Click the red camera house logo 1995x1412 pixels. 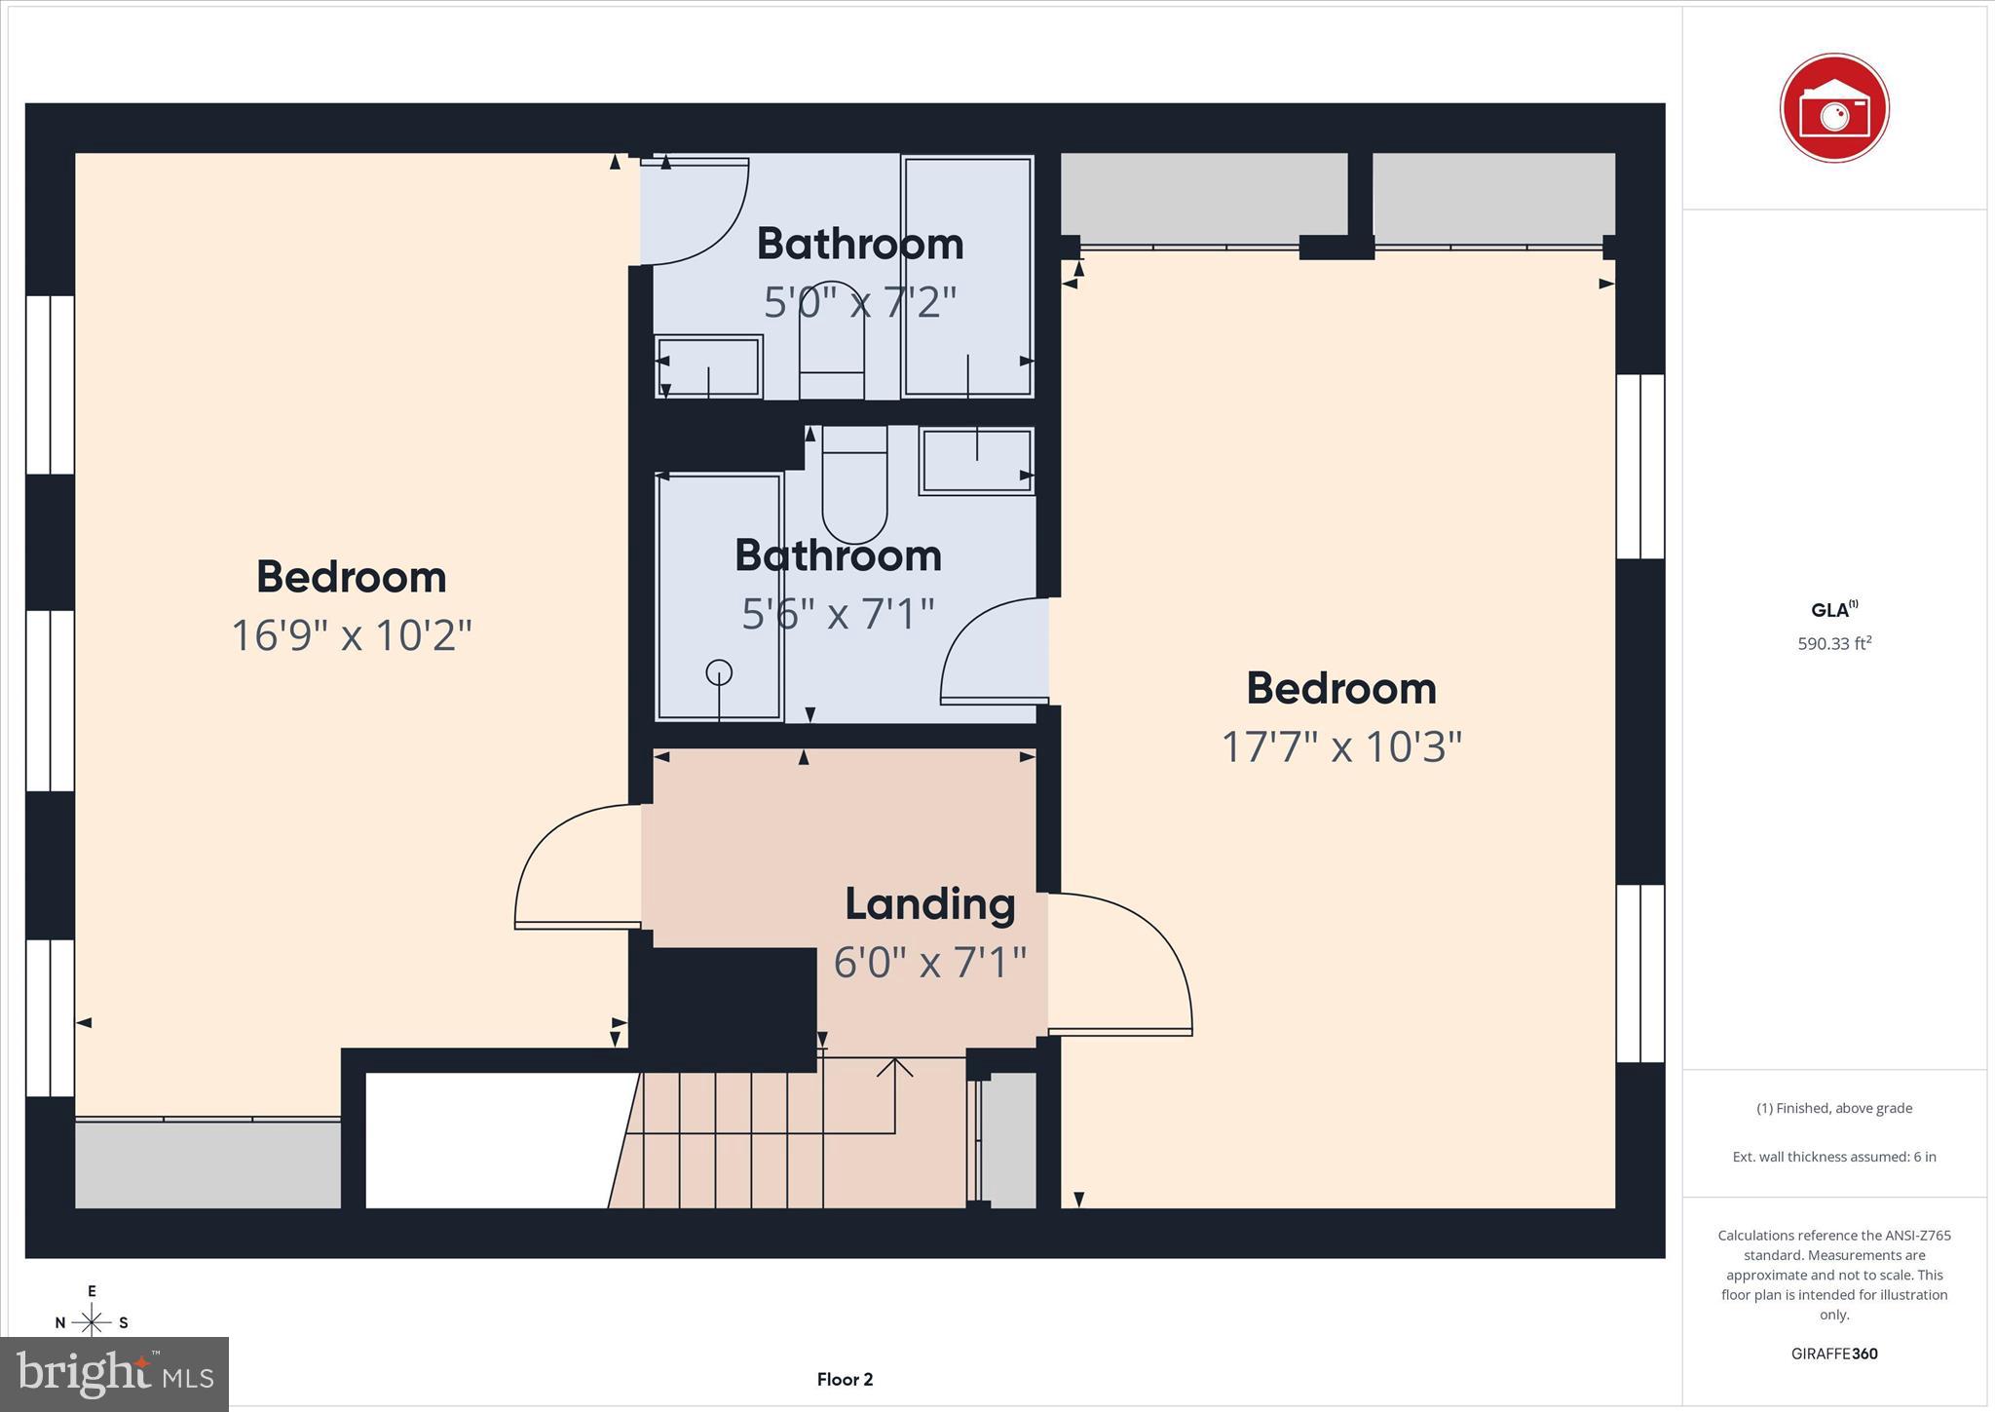coord(1834,108)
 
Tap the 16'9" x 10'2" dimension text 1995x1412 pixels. coord(352,635)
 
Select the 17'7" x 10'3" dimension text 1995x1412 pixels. coord(1341,747)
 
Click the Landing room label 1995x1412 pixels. coord(929,904)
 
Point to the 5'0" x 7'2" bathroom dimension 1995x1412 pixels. coord(860,302)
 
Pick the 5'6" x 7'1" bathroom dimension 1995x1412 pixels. coord(838,614)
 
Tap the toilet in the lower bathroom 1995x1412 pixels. coord(854,487)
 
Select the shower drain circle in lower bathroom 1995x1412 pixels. coord(719,672)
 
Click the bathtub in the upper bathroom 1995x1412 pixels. coord(967,275)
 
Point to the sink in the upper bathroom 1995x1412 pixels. coord(708,366)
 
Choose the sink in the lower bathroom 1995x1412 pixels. coord(976,461)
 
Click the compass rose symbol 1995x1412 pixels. coord(92,1321)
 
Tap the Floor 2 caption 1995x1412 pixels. coord(845,1379)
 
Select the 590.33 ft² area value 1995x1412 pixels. coord(1834,643)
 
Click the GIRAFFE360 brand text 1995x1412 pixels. coord(1834,1354)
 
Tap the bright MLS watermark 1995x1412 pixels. coord(115,1374)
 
